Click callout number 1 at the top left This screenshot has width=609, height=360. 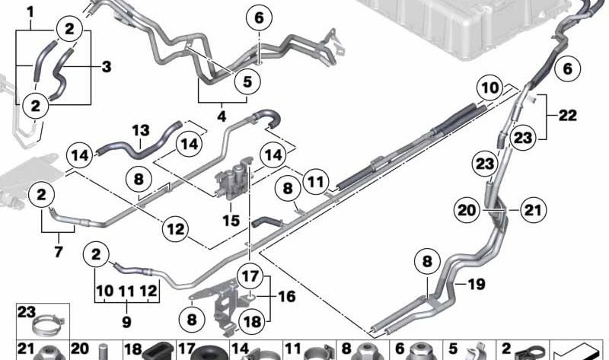(30, 12)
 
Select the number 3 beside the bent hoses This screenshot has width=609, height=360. (107, 66)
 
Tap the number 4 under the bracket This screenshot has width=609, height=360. (222, 116)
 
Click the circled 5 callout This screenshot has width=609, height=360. (247, 82)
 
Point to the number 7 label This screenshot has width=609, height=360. (59, 252)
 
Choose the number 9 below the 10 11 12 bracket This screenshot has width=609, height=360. (126, 321)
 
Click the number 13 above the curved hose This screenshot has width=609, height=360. (141, 130)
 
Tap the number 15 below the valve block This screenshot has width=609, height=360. (231, 221)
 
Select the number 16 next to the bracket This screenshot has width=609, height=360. (287, 296)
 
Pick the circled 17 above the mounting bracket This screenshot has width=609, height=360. (250, 276)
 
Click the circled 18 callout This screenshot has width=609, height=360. (252, 321)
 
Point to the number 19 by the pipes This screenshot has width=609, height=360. (477, 285)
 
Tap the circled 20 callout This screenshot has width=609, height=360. (467, 210)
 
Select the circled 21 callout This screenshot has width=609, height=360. (533, 210)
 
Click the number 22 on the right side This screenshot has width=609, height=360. (567, 116)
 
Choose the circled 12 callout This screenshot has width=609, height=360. (176, 229)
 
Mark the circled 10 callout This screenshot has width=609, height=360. (490, 88)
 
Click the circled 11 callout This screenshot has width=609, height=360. (315, 181)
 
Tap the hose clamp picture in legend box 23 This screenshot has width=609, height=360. (48, 325)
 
